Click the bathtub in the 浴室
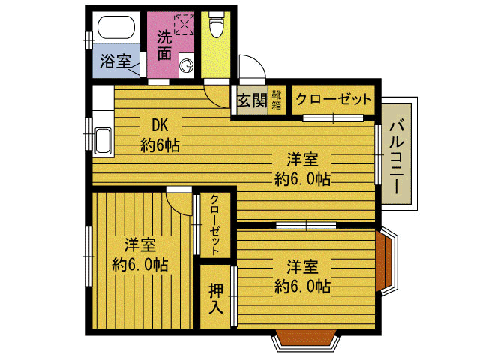pos(116,27)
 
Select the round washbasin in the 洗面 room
pos(187,65)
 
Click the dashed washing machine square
pos(184,24)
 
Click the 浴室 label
pos(115,61)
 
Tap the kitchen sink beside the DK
pos(103,141)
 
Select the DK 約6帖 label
pos(160,135)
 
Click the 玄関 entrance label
pos(253,100)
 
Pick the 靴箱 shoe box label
pos(277,100)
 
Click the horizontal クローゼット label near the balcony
pos(334,99)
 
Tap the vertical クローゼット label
pos(215,225)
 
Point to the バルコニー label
pos(397,157)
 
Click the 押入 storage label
pos(216,298)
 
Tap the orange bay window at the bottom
pos(306,338)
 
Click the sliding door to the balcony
pos(378,154)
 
